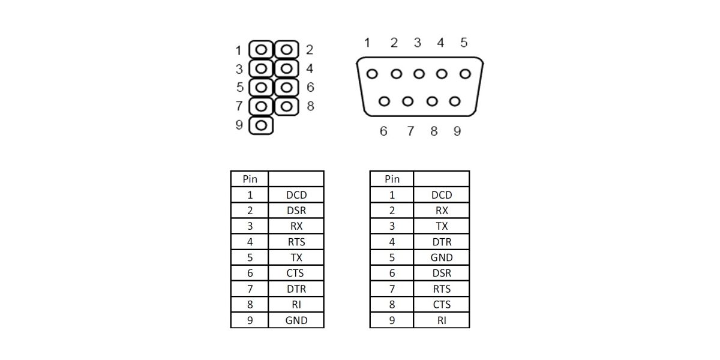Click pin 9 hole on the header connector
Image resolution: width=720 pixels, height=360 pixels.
pyautogui.click(x=262, y=126)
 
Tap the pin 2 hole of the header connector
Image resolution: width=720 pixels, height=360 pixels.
pyautogui.click(x=287, y=49)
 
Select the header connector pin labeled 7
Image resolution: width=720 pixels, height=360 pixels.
pyautogui.click(x=262, y=107)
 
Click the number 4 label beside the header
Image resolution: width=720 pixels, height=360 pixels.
pyautogui.click(x=310, y=68)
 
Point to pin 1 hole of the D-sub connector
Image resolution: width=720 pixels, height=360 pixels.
pyautogui.click(x=372, y=74)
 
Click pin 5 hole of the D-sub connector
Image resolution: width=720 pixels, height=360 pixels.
pyautogui.click(x=465, y=74)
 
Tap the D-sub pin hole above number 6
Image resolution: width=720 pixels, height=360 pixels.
pyautogui.click(x=385, y=101)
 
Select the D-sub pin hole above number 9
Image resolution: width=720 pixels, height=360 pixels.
pyautogui.click(x=455, y=101)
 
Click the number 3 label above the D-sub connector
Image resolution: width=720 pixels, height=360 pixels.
pyautogui.click(x=417, y=43)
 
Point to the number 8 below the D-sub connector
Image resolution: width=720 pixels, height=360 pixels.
pyautogui.click(x=434, y=131)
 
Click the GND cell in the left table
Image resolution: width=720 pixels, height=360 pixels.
pyautogui.click(x=296, y=320)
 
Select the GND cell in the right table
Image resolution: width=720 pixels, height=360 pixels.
pyautogui.click(x=442, y=257)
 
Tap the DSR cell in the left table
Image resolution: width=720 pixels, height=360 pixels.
pyautogui.click(x=296, y=211)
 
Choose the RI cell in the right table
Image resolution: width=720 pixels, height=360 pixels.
pyautogui.click(x=442, y=320)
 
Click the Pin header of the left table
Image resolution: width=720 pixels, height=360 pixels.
pyautogui.click(x=250, y=179)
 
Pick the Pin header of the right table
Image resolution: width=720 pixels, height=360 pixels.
pyautogui.click(x=392, y=179)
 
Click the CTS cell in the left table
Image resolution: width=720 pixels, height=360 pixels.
pyautogui.click(x=296, y=273)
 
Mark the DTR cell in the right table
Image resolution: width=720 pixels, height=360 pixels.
pyautogui.click(x=442, y=242)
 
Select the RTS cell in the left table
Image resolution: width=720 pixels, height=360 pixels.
pyautogui.click(x=296, y=242)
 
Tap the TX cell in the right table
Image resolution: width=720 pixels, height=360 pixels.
pyautogui.click(x=442, y=226)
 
